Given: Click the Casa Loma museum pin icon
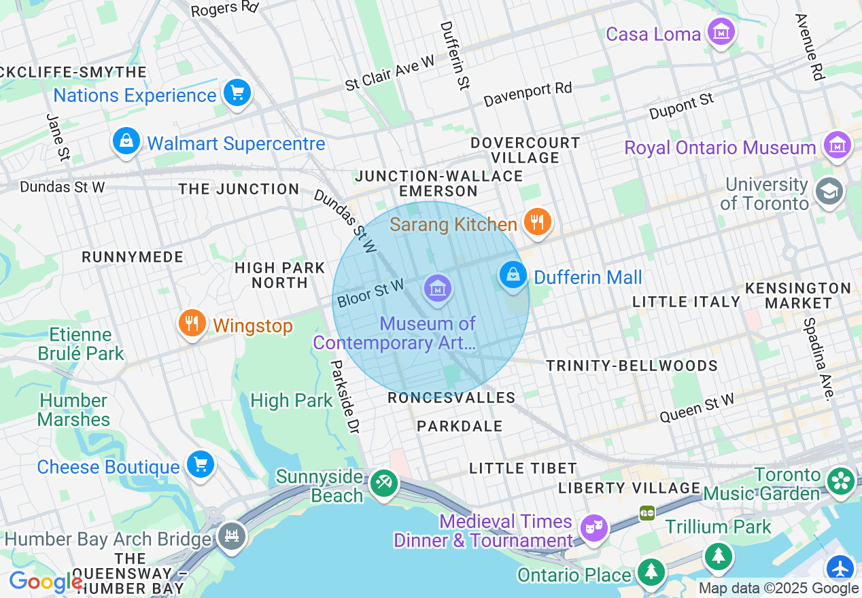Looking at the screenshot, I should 721,31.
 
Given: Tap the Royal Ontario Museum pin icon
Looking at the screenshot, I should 837,145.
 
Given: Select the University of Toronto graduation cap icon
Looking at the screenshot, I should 829,191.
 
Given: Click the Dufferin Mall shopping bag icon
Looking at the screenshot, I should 513,275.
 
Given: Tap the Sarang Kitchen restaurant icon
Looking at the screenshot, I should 537,222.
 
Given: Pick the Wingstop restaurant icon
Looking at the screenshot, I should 192,323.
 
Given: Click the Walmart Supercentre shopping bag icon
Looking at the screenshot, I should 126,141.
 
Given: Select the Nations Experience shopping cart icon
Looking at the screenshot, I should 237,92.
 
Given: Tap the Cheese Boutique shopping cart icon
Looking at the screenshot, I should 201,465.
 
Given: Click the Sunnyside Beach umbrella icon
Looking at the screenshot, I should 383,483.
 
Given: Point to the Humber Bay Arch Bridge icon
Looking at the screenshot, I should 232,536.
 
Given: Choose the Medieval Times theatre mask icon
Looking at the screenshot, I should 593,526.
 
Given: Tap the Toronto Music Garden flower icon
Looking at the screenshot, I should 840,480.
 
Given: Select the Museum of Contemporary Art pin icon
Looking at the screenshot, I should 438,289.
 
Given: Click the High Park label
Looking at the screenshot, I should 291,401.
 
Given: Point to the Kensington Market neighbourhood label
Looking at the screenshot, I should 798,296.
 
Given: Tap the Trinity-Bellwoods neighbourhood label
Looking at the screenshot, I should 632,366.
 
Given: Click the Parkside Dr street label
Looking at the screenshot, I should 344,397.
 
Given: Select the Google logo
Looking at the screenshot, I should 45,582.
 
